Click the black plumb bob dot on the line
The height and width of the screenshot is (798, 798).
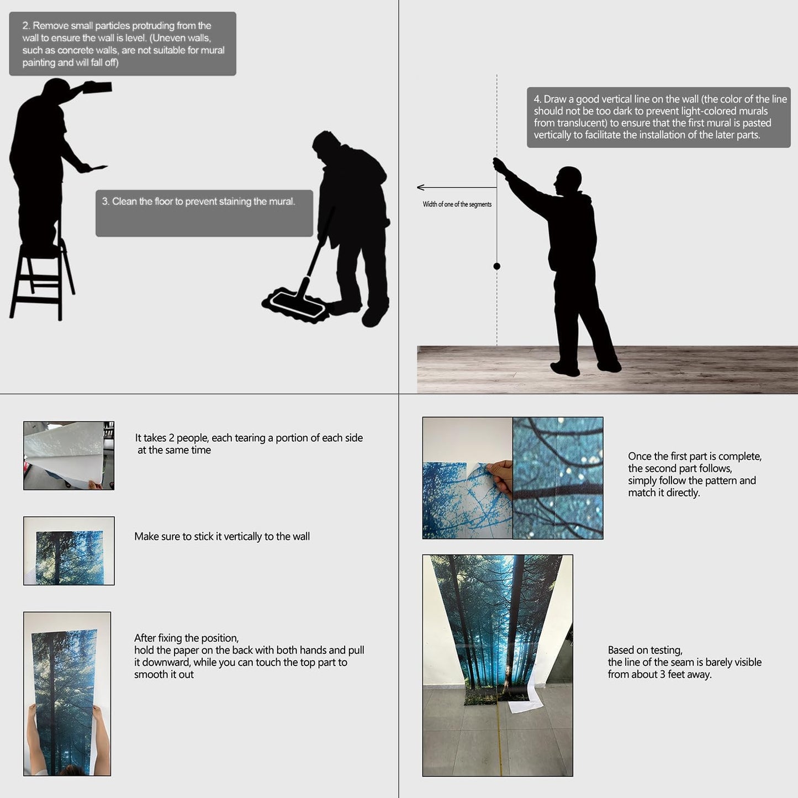(x=496, y=266)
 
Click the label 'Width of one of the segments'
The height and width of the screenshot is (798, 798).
(x=457, y=204)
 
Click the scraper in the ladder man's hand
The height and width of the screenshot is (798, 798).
(x=97, y=167)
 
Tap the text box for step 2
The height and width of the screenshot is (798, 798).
(x=123, y=44)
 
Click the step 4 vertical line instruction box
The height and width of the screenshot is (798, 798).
(x=659, y=117)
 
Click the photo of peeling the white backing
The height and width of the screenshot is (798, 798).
(x=68, y=456)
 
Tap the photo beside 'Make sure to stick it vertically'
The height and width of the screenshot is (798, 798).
(x=68, y=551)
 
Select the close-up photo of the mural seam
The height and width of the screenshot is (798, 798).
(x=558, y=478)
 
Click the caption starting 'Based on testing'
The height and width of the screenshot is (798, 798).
(x=684, y=662)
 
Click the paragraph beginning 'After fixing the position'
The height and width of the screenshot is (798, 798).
(x=249, y=656)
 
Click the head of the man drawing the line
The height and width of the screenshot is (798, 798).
(x=568, y=180)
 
